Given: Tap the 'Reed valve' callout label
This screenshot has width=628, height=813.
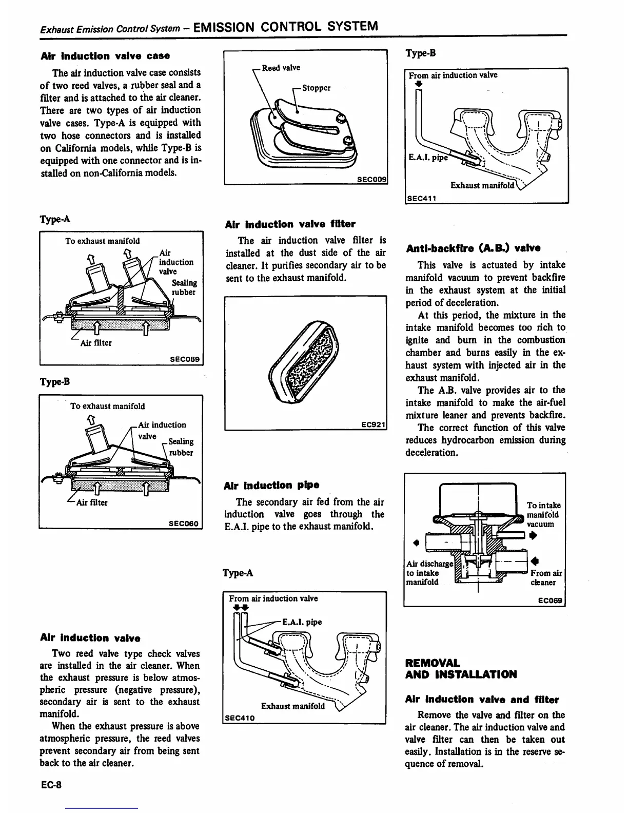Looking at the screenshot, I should (281, 68).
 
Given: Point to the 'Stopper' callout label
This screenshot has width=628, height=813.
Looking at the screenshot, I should (316, 88).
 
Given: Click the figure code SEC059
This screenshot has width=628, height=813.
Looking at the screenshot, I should (185, 359).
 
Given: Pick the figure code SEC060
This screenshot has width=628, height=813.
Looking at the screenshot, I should (184, 524).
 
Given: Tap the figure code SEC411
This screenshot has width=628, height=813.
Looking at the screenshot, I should (421, 199).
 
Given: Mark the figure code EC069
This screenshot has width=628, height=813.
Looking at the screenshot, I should (551, 601).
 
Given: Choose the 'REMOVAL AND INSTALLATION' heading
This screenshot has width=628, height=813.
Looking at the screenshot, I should (461, 668).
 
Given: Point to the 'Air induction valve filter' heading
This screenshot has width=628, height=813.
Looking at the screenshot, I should (290, 224).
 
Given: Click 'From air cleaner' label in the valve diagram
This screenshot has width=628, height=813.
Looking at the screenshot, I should (546, 577).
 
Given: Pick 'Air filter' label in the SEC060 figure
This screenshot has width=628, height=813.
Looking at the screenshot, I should (91, 502).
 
